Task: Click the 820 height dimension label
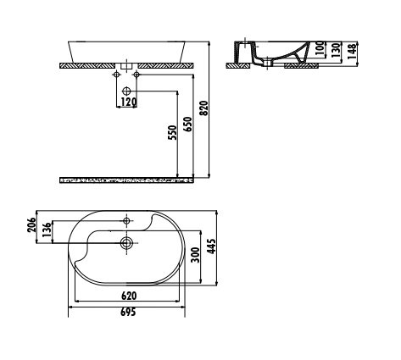(204, 108)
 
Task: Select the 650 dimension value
(187, 125)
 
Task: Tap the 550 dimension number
(172, 132)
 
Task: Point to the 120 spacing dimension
(129, 102)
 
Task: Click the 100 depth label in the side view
(319, 48)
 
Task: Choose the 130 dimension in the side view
(336, 51)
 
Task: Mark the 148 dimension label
(352, 51)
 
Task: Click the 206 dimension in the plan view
(32, 224)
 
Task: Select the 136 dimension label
(47, 230)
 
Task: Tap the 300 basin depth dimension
(195, 255)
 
